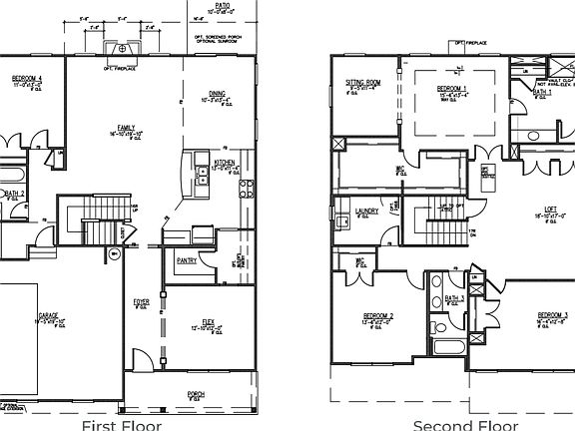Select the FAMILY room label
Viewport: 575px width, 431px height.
(127, 128)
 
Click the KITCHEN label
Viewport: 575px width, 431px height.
(224, 162)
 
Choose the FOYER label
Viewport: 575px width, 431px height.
(142, 300)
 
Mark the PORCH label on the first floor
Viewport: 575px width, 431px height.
(197, 394)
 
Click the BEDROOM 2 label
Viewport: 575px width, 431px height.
(378, 317)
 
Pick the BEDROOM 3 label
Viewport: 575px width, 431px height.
(552, 317)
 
